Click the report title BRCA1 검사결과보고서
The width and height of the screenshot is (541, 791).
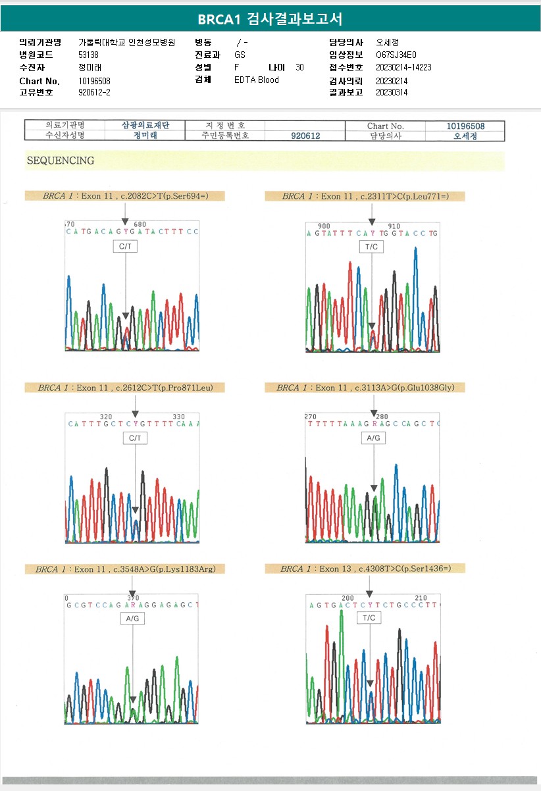(270, 18)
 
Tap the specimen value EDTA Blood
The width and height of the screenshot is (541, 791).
(257, 80)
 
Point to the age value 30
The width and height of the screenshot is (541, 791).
(300, 68)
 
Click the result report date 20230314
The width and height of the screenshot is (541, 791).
(392, 93)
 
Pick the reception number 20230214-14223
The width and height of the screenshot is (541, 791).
(403, 68)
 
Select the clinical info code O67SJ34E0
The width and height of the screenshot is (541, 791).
(396, 55)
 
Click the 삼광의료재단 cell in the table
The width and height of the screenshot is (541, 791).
(145, 126)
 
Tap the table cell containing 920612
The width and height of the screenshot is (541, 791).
(305, 136)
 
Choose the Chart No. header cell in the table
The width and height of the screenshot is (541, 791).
(386, 126)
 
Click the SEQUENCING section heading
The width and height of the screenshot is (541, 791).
(61, 161)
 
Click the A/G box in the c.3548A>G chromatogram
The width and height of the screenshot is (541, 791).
(132, 619)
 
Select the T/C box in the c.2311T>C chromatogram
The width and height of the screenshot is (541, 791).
(371, 247)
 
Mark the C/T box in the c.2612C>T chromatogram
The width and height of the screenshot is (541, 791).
(135, 438)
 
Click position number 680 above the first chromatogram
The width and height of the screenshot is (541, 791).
(140, 224)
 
